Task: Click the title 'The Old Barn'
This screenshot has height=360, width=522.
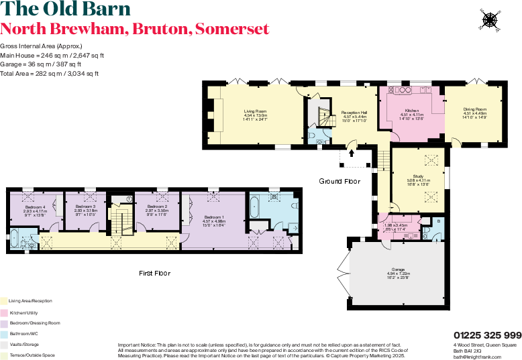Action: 65,9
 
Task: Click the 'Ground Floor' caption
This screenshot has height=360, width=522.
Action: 340,181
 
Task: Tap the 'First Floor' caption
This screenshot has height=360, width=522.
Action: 154,273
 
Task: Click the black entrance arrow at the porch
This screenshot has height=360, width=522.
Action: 351,154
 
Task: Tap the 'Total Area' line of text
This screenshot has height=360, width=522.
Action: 49,73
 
